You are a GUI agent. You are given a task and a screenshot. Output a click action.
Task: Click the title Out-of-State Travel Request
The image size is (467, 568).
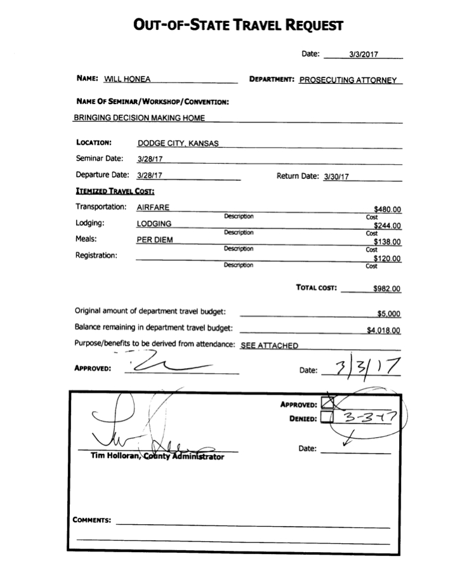pyautogui.click(x=238, y=25)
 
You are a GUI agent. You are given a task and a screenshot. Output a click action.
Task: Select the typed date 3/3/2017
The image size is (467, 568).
pyautogui.click(x=363, y=55)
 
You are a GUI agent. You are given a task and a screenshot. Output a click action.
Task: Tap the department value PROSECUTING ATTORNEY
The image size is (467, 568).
pyautogui.click(x=348, y=81)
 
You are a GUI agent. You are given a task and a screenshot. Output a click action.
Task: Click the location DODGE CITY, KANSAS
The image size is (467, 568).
pyautogui.click(x=178, y=143)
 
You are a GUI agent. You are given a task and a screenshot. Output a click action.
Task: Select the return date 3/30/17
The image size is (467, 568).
pyautogui.click(x=337, y=178)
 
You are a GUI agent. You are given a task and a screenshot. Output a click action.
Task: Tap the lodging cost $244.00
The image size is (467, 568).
pyautogui.click(x=388, y=225)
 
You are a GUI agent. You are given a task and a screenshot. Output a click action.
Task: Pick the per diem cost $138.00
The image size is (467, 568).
pyautogui.click(x=388, y=242)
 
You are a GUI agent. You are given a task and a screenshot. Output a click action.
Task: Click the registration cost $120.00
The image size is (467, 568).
pyautogui.click(x=388, y=258)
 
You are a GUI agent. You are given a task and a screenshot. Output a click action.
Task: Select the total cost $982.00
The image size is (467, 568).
pyautogui.click(x=387, y=288)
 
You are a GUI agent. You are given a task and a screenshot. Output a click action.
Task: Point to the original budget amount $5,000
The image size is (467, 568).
pyautogui.click(x=389, y=314)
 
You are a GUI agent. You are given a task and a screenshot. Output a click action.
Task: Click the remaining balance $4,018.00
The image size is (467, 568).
pyautogui.click(x=384, y=330)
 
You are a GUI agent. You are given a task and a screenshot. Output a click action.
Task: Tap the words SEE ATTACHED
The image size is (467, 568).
pyautogui.click(x=269, y=346)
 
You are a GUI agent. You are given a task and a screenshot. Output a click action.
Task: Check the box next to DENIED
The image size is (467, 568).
pyautogui.click(x=327, y=417)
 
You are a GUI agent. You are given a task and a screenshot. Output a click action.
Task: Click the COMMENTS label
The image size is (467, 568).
pyautogui.click(x=92, y=520)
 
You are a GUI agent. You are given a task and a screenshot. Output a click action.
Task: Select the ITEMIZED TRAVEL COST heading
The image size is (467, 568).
pyautogui.click(x=115, y=191)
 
